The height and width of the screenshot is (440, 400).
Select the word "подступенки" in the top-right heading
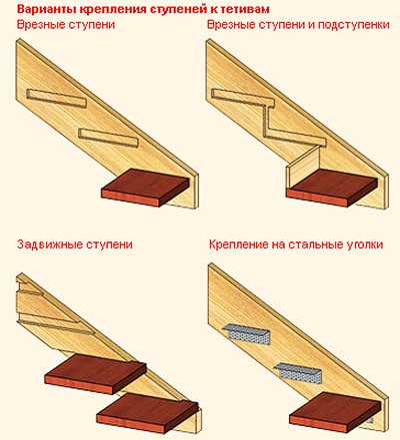tap(354, 25)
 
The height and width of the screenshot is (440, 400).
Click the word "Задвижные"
tap(50, 244)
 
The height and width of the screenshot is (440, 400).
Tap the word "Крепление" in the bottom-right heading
tap(239, 244)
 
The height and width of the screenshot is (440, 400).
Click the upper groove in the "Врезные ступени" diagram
tap(56, 99)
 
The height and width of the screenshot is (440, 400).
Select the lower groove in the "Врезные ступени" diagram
tap(108, 138)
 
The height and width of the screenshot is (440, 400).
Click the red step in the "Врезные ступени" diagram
tap(145, 188)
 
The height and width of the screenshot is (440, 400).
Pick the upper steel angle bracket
tap(247, 333)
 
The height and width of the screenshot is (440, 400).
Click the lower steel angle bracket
tap(298, 373)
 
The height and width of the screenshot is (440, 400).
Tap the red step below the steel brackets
tap(334, 412)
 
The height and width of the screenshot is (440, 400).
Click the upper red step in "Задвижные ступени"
tap(96, 373)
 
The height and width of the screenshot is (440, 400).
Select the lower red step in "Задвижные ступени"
tap(148, 413)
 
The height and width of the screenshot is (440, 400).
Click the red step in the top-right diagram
tap(332, 188)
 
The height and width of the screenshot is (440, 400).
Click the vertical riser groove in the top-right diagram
tap(266, 121)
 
